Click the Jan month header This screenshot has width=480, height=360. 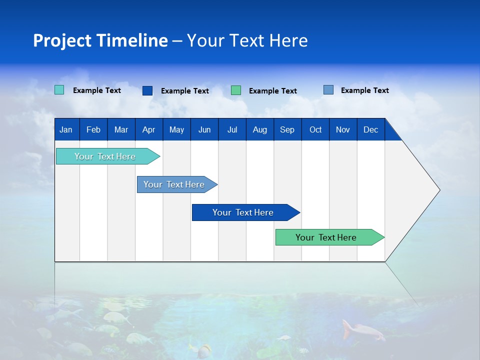pos(66,129)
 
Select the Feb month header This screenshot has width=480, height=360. pos(93,129)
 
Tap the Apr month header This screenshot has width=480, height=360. pos(148,129)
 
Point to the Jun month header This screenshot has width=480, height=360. pos(204,129)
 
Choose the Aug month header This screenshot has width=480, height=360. pos(259,129)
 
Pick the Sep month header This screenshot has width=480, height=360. pos(287,129)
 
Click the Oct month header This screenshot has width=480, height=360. pos(315,129)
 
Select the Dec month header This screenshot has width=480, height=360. pos(370,129)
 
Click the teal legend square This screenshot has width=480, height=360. pos(59,90)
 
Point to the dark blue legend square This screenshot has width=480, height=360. pos(147,90)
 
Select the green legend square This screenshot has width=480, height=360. pos(236,90)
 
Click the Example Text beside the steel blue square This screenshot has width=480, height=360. pos(364,90)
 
